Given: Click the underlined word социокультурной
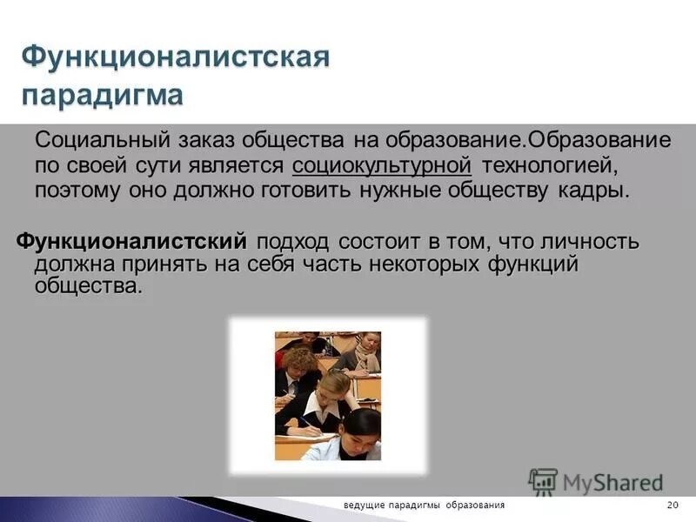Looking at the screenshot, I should (x=381, y=165).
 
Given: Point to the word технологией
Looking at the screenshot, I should (x=554, y=165).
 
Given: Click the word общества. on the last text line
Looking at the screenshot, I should (x=87, y=286).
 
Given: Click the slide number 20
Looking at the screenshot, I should (x=672, y=506).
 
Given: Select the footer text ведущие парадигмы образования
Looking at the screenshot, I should (x=424, y=506).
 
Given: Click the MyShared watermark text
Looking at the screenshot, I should (x=613, y=481).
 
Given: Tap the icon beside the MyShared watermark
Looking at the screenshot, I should (x=543, y=481).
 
